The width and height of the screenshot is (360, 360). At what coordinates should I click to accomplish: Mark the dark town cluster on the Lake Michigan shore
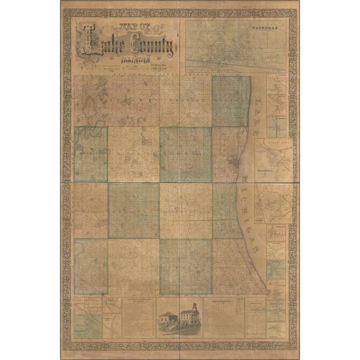[x=233, y=164]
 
